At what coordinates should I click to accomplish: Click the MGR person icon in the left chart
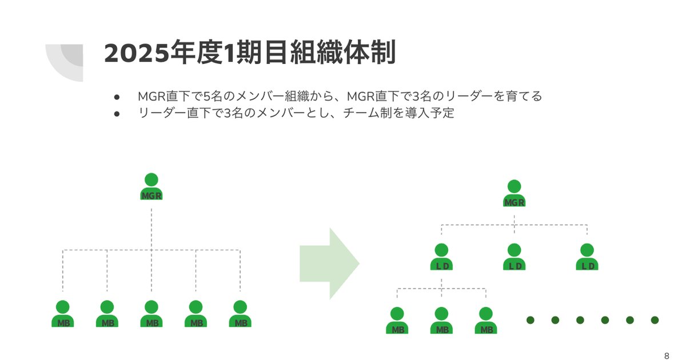pyautogui.click(x=151, y=187)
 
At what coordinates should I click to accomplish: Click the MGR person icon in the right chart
pyautogui.click(x=514, y=194)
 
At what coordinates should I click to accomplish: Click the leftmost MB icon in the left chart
pyautogui.click(x=63, y=314)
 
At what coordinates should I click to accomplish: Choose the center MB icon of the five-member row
pyautogui.click(x=151, y=314)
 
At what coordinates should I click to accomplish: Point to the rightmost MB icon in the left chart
pyautogui.click(x=240, y=314)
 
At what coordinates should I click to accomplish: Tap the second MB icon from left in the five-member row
pyautogui.click(x=107, y=314)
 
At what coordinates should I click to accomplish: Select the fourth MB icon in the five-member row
pyautogui.click(x=196, y=314)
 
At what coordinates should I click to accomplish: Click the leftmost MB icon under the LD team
pyautogui.click(x=397, y=321)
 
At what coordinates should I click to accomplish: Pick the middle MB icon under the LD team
pyautogui.click(x=441, y=321)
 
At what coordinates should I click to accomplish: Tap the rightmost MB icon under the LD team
pyautogui.click(x=486, y=321)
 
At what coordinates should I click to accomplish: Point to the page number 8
pyautogui.click(x=667, y=353)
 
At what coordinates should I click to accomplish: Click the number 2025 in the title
pyautogui.click(x=133, y=53)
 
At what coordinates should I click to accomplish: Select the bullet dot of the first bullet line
pyautogui.click(x=117, y=96)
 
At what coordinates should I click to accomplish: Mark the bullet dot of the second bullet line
pyautogui.click(x=117, y=113)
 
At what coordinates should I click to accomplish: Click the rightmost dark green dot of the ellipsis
pyautogui.click(x=655, y=320)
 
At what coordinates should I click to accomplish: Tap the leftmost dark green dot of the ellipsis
pyautogui.click(x=530, y=320)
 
